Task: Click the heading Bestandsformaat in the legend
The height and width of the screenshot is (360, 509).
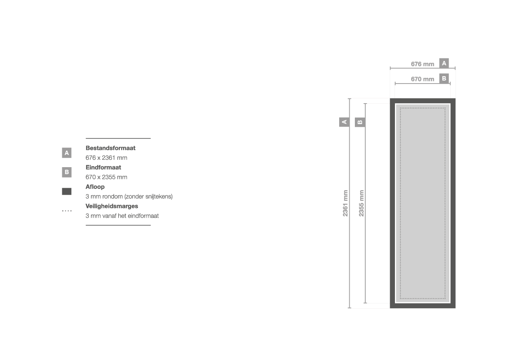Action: (110, 148)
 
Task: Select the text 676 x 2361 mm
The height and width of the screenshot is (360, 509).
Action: (107, 158)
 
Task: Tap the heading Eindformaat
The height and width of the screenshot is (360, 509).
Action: (103, 168)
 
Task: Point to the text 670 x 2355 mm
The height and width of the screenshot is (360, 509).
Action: (107, 177)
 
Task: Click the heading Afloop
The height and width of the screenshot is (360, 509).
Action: (95, 187)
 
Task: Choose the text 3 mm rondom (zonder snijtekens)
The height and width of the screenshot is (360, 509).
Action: (129, 196)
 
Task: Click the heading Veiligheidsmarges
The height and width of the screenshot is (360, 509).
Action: (111, 206)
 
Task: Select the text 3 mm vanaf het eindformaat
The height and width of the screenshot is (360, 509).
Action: (122, 216)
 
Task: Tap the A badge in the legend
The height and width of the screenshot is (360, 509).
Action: (67, 153)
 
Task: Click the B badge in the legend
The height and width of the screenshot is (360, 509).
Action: (67, 172)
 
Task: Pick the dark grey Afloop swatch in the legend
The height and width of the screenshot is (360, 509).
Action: (67, 192)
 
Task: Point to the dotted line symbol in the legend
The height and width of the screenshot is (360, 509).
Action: (67, 211)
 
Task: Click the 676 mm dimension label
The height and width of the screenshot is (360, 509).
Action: (422, 64)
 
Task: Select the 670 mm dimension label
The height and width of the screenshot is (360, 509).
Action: (422, 79)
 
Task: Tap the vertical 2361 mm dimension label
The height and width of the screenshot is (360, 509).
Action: (345, 203)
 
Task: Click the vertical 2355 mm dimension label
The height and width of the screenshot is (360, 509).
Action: (361, 203)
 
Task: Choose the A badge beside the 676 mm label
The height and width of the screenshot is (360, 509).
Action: (444, 63)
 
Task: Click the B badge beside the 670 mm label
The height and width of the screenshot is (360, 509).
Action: (444, 78)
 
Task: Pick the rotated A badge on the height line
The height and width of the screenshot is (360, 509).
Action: (344, 122)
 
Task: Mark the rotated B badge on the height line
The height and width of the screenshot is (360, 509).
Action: (360, 122)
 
